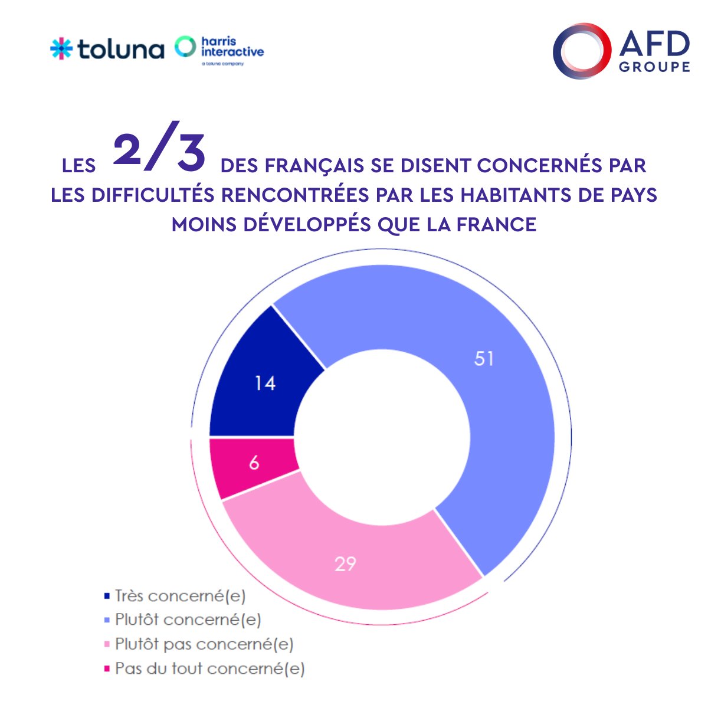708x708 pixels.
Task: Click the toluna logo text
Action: pyautogui.click(x=120, y=49)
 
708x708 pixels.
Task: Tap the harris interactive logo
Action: pyautogui.click(x=219, y=49)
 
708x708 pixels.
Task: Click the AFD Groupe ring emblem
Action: pyautogui.click(x=581, y=51)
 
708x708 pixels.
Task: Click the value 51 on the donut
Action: pyautogui.click(x=484, y=359)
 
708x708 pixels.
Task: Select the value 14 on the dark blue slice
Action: pyautogui.click(x=265, y=383)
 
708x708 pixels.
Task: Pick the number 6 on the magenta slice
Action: pyautogui.click(x=254, y=463)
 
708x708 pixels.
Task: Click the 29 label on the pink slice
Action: pyautogui.click(x=345, y=564)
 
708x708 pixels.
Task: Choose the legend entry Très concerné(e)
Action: pyautogui.click(x=180, y=596)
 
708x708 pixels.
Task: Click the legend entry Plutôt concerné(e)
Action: pyautogui.click(x=188, y=620)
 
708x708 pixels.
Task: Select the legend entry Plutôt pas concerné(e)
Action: pyautogui.click(x=204, y=644)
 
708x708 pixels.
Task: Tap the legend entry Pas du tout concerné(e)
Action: pyautogui.click(x=209, y=668)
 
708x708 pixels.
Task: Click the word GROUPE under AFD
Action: pyautogui.click(x=654, y=67)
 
